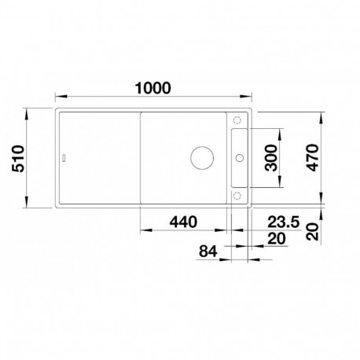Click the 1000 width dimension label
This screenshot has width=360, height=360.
(152, 88)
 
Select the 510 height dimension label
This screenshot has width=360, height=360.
(18, 159)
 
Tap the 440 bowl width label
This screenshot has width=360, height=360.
(183, 222)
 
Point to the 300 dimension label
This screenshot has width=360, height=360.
(271, 157)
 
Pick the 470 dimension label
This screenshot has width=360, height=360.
(313, 157)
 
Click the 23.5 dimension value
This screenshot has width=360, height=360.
(283, 222)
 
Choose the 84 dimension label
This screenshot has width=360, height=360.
(208, 251)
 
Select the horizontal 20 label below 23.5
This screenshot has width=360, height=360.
(277, 239)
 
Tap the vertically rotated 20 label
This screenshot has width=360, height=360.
(313, 232)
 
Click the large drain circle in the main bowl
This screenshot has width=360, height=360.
(202, 157)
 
